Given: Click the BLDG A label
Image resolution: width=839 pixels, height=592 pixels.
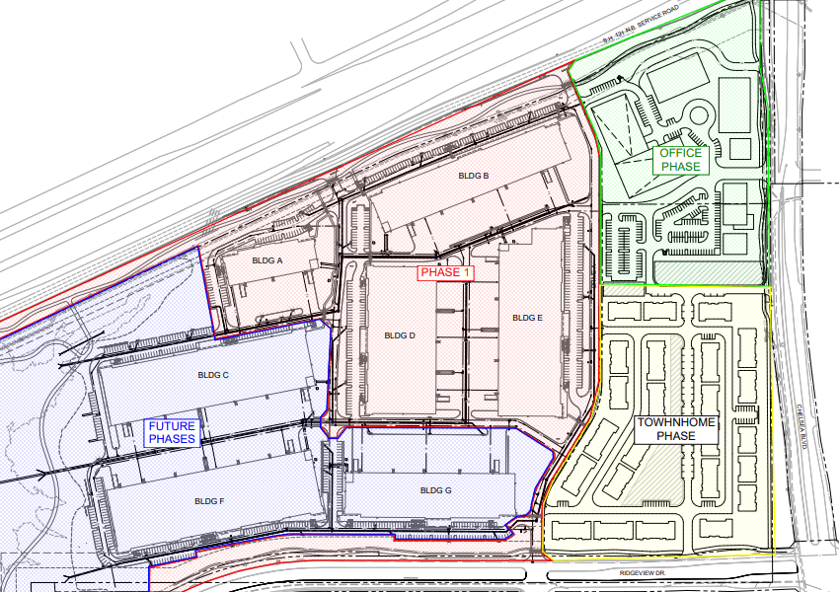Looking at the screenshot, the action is coord(267,260).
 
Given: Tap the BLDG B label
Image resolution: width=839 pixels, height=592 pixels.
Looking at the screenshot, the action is coord(474,176).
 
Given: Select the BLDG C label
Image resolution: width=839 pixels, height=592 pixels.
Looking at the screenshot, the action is coord(212,375).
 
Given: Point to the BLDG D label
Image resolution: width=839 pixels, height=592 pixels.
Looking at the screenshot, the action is coord(400,335).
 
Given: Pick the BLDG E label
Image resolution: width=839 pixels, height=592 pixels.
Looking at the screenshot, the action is coord(527,318).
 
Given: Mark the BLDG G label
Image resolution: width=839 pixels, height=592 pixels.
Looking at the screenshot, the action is coord(435,490).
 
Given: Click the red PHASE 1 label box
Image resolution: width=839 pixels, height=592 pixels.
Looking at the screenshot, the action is coord(446,272).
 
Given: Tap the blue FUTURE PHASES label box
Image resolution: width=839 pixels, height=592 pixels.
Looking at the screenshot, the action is coord(173,432).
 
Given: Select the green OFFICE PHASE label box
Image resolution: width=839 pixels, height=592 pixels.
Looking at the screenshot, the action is coord(681,160).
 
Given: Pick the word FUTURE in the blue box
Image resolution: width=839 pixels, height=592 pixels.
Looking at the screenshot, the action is coord(173,426).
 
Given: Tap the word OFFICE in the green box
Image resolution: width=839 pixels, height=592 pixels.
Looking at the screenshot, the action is coord(681,153).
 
